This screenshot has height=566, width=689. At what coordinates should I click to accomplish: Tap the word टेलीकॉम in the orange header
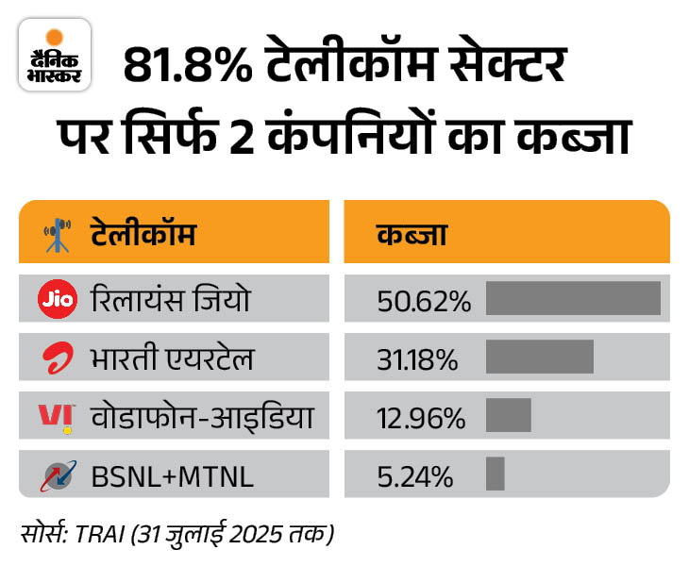[x=143, y=232]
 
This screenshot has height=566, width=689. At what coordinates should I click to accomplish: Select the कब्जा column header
[x=412, y=232]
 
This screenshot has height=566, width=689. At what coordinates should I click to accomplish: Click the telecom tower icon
[x=59, y=232]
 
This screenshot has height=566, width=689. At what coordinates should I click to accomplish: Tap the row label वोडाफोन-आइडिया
[x=201, y=416]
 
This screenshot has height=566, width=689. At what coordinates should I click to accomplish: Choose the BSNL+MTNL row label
[x=172, y=475]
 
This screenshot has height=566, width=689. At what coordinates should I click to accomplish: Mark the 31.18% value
[x=418, y=360]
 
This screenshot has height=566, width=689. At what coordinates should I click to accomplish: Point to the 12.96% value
[x=421, y=417]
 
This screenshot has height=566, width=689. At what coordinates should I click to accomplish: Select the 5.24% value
[x=414, y=475]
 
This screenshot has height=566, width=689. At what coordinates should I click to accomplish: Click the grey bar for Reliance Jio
[x=573, y=298]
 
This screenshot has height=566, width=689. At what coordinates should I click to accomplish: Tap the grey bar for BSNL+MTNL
[x=495, y=474]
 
